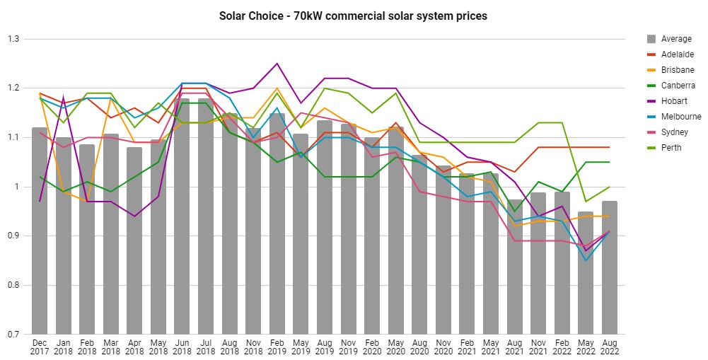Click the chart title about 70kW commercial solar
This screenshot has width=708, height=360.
(354, 16)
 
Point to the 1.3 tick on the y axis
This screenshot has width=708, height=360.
(13, 39)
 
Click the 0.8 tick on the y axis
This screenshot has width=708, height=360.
(13, 286)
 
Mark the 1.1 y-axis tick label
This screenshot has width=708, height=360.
(13, 137)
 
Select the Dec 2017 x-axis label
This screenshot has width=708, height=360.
(40, 346)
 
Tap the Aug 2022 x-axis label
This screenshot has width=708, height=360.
(609, 346)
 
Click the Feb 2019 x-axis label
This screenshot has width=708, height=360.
(277, 346)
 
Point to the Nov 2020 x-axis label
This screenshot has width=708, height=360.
(443, 346)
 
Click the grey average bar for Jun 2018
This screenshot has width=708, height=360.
(182, 219)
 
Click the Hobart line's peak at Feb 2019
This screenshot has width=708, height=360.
(277, 64)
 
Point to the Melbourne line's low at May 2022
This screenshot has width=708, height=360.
(585, 260)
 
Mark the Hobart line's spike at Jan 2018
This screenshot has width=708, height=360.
(64, 98)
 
